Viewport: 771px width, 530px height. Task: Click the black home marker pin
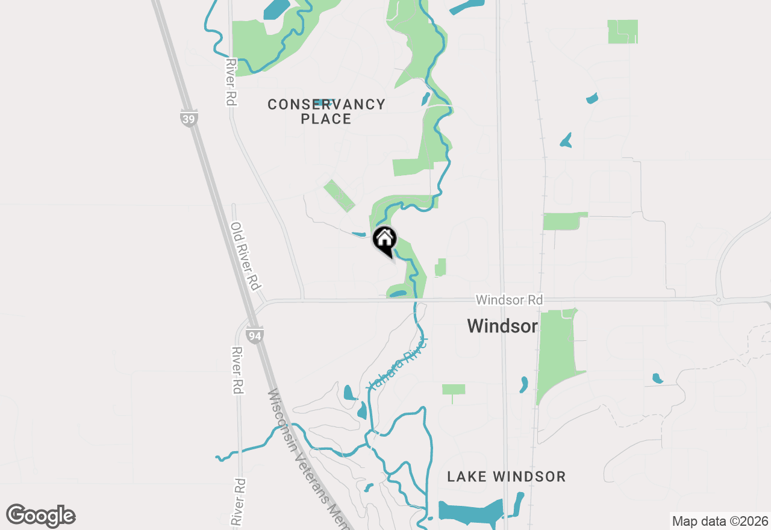[x=384, y=240]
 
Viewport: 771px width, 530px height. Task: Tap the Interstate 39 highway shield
[x=189, y=118]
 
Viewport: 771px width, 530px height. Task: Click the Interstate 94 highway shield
[x=255, y=335]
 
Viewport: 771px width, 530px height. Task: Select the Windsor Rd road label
[x=509, y=299]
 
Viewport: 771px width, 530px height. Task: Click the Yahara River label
[x=398, y=364]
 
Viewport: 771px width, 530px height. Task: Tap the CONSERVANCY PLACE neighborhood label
[x=326, y=111]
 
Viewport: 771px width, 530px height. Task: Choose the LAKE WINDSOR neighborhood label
[x=506, y=477]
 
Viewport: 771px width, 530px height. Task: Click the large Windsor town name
[x=502, y=326]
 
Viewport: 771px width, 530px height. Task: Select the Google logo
[x=41, y=516]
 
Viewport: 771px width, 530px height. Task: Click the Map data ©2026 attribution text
[x=720, y=521]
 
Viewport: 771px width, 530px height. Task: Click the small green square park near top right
[x=622, y=31]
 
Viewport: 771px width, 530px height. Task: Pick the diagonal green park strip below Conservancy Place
[x=339, y=195]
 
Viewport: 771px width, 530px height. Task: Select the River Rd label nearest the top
[x=229, y=82]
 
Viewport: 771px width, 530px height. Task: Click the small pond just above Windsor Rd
[x=399, y=294]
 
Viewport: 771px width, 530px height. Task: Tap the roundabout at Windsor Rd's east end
[x=718, y=299]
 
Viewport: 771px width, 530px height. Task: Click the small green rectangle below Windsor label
[x=454, y=389]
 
